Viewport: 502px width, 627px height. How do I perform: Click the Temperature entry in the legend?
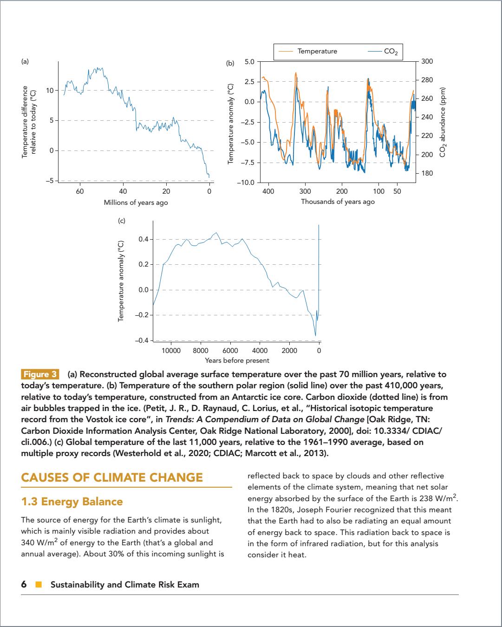(317, 52)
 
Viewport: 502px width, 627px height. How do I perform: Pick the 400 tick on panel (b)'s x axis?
(268, 191)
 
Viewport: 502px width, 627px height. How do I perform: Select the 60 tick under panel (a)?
(80, 191)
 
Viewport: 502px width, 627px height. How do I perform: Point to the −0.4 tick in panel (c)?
(142, 340)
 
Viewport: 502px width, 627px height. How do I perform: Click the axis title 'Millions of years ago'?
(136, 202)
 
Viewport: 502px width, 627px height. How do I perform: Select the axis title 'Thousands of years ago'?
(338, 202)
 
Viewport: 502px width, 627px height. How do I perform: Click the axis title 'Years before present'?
(237, 360)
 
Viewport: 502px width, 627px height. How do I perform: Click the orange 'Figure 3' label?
(40, 375)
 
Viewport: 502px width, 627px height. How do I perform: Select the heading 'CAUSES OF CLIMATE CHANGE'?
(112, 477)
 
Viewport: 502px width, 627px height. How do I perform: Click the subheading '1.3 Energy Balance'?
(72, 502)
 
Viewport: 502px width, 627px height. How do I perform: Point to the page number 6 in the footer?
(24, 585)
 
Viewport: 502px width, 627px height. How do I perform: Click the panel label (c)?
(121, 221)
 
